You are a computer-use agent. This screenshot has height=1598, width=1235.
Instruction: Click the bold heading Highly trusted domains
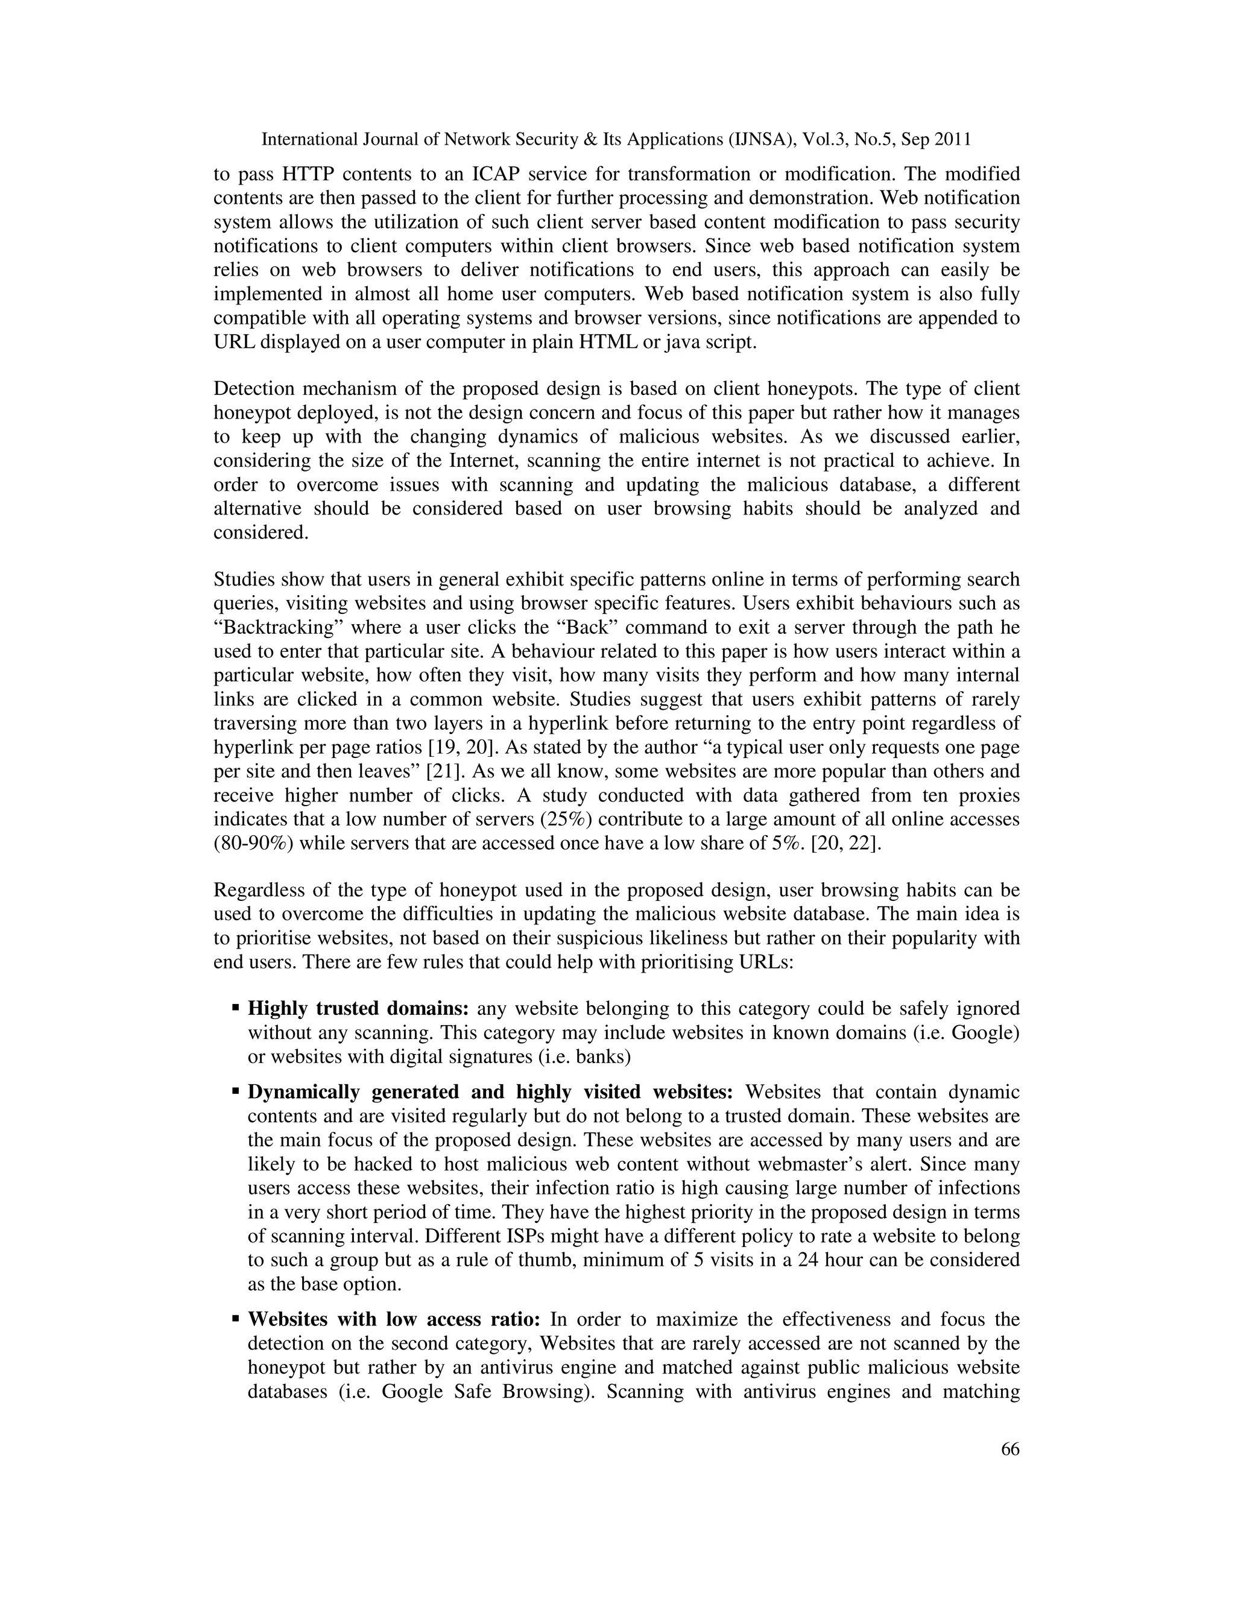(358, 1009)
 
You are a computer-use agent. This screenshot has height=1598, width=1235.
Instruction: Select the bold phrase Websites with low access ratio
(394, 1320)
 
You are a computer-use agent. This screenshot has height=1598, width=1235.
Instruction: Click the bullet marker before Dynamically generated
(236, 1091)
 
